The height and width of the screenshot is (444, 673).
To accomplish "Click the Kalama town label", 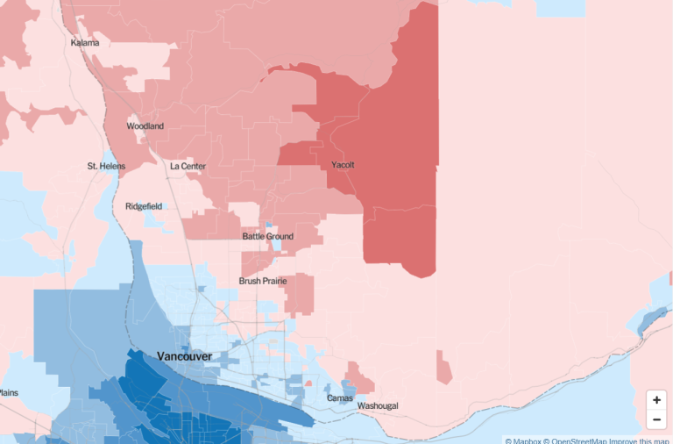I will (85, 43).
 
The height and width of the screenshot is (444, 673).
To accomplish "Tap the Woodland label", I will (145, 126).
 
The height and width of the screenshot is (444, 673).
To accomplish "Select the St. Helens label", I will (106, 166).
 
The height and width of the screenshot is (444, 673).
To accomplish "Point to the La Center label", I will (188, 166).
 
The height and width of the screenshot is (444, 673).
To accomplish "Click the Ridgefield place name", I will (144, 206).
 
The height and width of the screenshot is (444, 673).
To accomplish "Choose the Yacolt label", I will (344, 165).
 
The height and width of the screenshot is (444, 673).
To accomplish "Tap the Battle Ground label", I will (267, 237).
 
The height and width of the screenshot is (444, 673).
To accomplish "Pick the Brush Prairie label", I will (262, 282).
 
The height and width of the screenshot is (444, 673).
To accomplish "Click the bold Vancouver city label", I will (184, 355).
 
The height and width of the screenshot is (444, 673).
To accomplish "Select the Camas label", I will (339, 398).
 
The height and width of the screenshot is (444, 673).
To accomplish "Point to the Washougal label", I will (377, 405).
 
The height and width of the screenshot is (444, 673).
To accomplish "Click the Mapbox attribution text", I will (523, 440).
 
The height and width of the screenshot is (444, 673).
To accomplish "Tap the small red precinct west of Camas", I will (308, 383).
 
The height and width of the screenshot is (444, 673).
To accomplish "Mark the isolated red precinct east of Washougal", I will (444, 367).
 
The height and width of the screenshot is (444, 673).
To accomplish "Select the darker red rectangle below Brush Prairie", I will (300, 294).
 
